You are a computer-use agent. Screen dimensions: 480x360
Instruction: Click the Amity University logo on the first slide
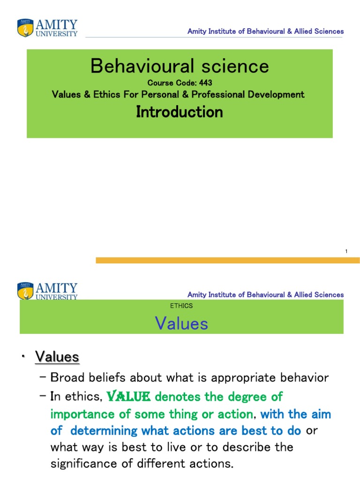pos(47,28)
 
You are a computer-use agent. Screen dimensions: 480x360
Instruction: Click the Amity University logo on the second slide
pos(47,291)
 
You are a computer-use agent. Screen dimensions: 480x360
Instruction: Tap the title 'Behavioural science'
pos(180,66)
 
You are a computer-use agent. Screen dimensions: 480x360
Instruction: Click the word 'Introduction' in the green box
pos(180,112)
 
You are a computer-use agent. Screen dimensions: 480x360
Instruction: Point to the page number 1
pos(346,252)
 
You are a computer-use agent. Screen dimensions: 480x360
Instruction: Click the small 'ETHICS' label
pos(181,306)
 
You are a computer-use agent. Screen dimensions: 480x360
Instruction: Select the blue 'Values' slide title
pos(181,323)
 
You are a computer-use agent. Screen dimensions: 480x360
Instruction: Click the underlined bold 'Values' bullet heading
pos(57,358)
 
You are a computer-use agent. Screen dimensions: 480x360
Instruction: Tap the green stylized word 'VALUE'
pos(128,397)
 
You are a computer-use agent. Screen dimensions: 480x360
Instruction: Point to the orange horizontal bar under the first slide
pos(228,260)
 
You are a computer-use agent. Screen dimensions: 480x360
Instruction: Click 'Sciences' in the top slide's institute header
pos(327,31)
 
